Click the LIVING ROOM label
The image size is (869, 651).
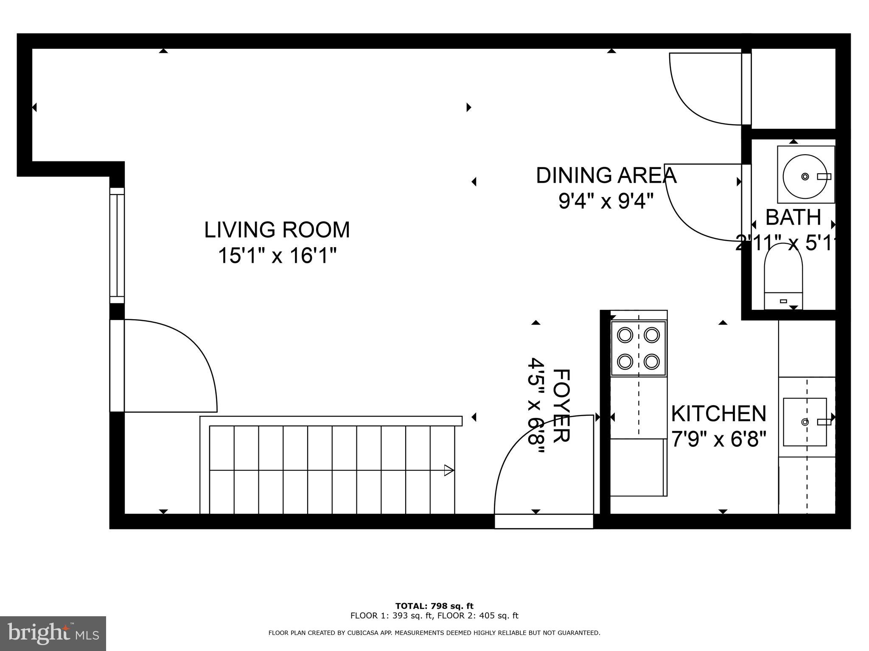coord(277,230)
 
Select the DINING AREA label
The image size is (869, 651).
coord(606,175)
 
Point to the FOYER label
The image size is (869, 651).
coord(561,406)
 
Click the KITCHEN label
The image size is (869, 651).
coord(718,414)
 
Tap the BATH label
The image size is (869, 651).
coord(793,217)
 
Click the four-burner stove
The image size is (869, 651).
coord(638,348)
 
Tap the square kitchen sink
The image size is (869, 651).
coord(805,422)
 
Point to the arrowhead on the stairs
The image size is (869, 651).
coord(449,470)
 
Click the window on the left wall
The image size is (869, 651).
coord(117,245)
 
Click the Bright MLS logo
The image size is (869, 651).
coord(53,634)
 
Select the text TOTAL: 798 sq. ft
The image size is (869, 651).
coord(434,606)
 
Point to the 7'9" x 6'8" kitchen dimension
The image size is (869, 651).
coord(718,440)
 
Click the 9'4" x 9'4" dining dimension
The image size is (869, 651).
coord(605,201)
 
